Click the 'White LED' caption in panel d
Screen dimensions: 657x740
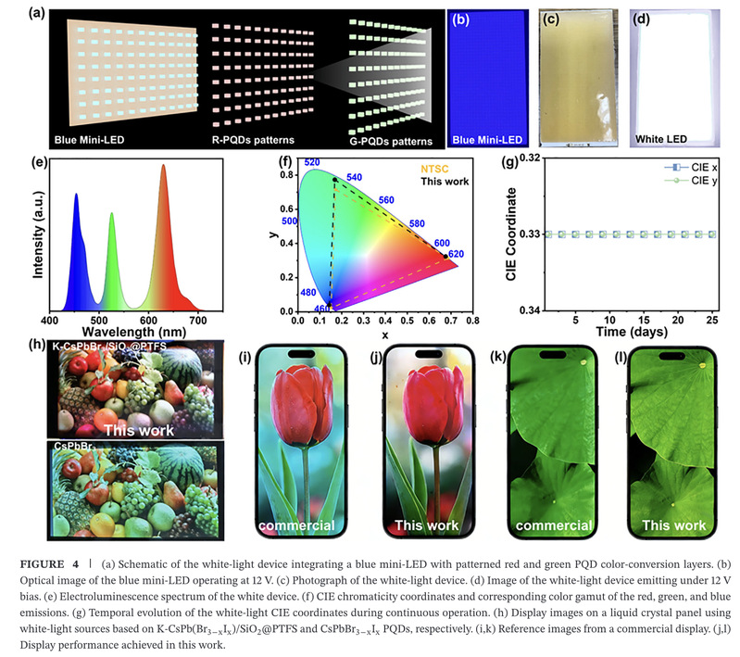click(x=662, y=141)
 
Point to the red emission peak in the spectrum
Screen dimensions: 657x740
click(x=163, y=168)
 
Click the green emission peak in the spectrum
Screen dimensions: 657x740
click(x=112, y=215)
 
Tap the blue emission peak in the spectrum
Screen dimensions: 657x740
click(x=76, y=196)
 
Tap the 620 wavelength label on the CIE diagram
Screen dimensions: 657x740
click(x=455, y=254)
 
